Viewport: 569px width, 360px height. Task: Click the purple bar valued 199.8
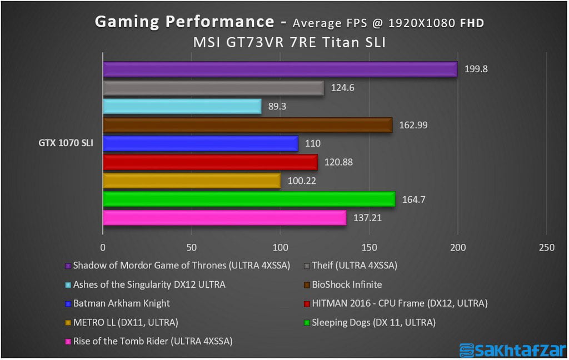click(x=280, y=69)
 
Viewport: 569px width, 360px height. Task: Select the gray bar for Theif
click(x=213, y=88)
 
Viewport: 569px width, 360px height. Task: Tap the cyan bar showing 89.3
click(x=182, y=106)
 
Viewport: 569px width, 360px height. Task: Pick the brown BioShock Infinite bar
click(x=248, y=125)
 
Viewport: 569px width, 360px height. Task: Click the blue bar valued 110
click(x=201, y=143)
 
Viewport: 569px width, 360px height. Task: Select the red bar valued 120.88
click(x=211, y=162)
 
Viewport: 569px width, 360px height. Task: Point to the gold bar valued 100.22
click(x=192, y=181)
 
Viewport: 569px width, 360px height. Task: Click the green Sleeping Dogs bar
click(x=249, y=199)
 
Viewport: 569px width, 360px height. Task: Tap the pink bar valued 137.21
click(x=224, y=217)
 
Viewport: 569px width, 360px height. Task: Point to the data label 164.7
click(x=412, y=199)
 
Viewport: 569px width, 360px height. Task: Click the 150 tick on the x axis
click(x=369, y=247)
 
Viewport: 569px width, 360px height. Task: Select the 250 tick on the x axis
click(x=546, y=247)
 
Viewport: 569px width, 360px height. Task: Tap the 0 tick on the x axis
click(x=103, y=247)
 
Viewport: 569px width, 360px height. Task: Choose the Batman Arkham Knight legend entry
click(x=121, y=303)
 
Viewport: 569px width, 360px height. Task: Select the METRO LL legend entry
click(x=126, y=322)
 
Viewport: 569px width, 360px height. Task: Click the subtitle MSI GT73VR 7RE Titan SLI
click(x=289, y=42)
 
